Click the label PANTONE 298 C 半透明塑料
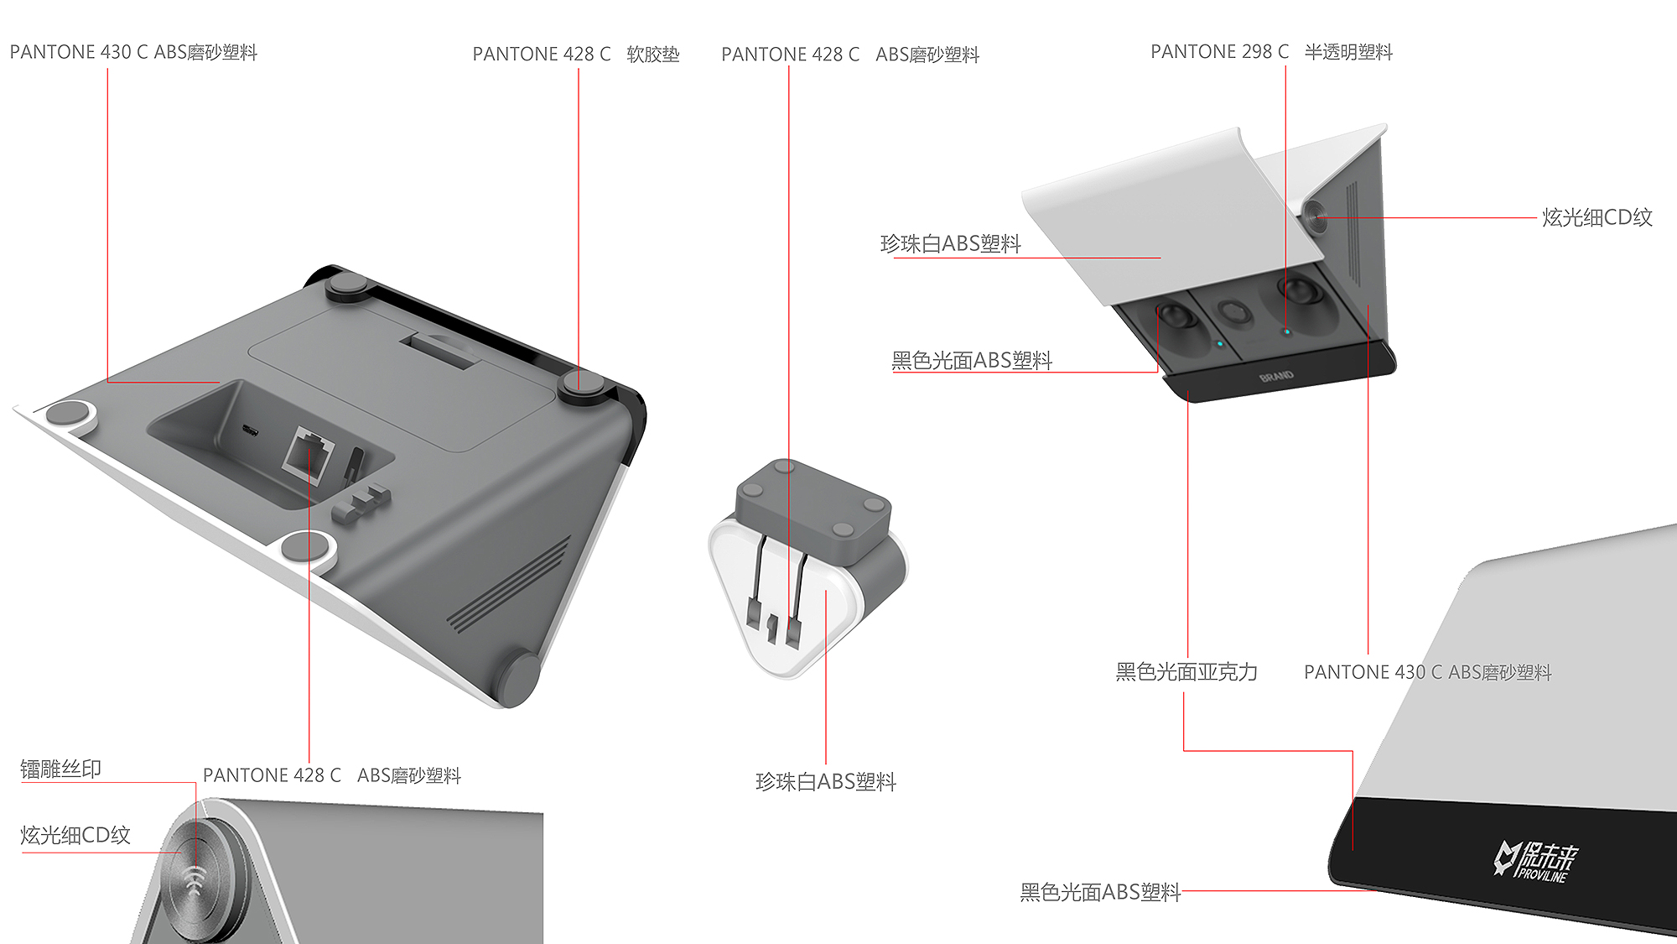click(x=1270, y=52)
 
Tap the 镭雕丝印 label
click(x=60, y=769)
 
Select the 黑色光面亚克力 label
click(x=1186, y=671)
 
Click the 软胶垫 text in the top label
click(x=652, y=55)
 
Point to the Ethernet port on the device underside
click(x=308, y=453)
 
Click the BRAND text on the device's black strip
click(x=1276, y=377)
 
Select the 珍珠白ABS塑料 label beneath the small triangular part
click(x=825, y=782)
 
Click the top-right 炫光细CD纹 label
click(x=1597, y=217)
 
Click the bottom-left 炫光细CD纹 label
click(x=75, y=835)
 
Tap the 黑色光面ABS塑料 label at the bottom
click(x=1099, y=892)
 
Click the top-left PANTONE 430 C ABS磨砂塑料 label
click(x=133, y=52)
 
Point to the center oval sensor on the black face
click(x=1234, y=313)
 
